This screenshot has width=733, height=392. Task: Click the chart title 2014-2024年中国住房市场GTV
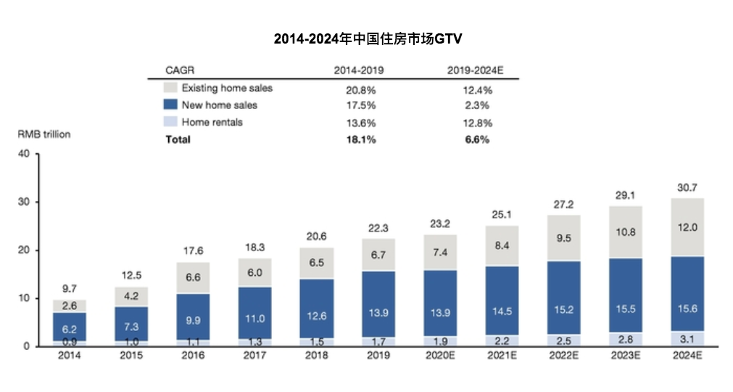point(366,38)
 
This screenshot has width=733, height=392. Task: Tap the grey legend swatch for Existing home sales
point(171,88)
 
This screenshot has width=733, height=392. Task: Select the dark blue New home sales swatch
point(171,105)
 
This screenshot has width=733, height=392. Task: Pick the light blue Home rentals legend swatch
point(171,122)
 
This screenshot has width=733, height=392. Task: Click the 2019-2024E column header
point(476,70)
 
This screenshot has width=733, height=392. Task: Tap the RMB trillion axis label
point(44,134)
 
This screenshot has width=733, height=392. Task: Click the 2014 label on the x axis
point(70,356)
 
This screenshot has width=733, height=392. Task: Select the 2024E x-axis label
point(687,356)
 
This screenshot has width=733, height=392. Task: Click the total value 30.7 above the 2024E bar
point(687,187)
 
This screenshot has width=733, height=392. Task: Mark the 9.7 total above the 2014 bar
point(70,289)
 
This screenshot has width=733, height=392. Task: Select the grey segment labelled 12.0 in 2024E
point(687,227)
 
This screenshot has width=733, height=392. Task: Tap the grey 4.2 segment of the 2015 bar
point(131,296)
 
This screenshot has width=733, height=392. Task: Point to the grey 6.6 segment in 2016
point(193,278)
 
